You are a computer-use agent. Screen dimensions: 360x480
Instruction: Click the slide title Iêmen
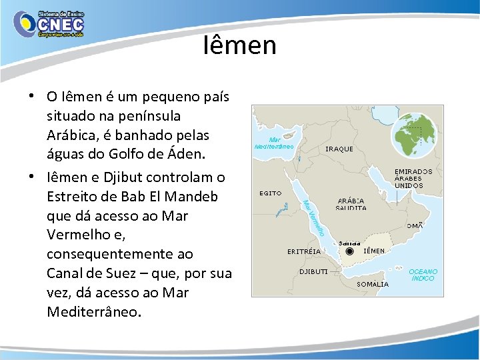click(x=240, y=45)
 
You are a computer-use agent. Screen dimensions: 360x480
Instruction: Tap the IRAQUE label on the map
click(x=339, y=149)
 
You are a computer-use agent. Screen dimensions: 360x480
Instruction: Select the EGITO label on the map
click(x=270, y=193)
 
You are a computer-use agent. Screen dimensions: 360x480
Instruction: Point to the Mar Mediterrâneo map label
click(x=274, y=143)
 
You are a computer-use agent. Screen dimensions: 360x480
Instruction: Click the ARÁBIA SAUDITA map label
click(x=351, y=204)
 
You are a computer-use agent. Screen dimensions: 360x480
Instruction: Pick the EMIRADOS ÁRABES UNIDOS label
click(x=413, y=179)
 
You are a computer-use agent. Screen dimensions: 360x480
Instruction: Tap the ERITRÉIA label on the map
click(x=304, y=251)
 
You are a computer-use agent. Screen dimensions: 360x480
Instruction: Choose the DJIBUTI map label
click(x=313, y=272)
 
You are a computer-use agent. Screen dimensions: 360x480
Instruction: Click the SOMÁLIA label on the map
click(x=373, y=284)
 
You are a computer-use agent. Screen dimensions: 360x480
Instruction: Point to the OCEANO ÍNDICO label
click(x=423, y=275)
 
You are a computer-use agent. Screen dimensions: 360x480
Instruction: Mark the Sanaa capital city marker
click(x=350, y=252)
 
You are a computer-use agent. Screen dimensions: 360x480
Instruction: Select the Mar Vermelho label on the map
click(x=313, y=217)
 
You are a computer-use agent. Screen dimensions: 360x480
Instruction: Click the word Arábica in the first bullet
click(x=73, y=135)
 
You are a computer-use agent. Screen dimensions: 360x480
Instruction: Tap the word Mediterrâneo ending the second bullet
click(x=94, y=312)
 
